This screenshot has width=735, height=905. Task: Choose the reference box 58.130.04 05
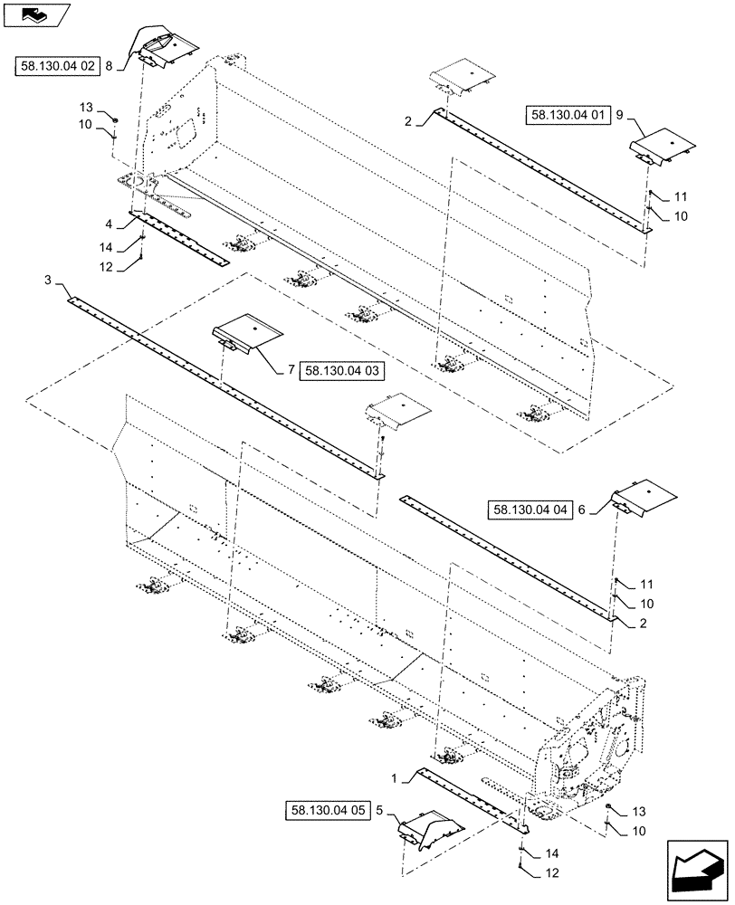(330, 811)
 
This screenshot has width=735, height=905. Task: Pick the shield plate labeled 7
(246, 331)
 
